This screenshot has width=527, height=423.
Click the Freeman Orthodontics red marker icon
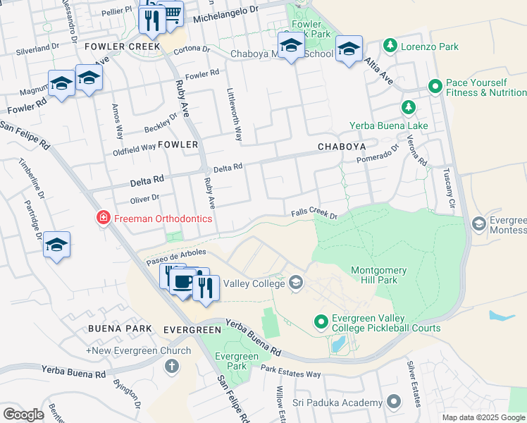104,219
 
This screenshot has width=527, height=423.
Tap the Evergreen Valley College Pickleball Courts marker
321,322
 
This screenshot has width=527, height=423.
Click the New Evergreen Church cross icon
170,366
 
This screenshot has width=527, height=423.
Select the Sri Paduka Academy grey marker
393,403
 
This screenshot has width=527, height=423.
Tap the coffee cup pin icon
183,282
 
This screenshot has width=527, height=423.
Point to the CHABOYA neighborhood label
342,147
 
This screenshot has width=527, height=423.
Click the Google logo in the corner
23,415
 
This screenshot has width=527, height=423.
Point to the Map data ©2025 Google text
483,417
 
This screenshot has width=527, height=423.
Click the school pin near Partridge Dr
57,245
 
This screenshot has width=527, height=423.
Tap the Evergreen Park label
231,361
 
